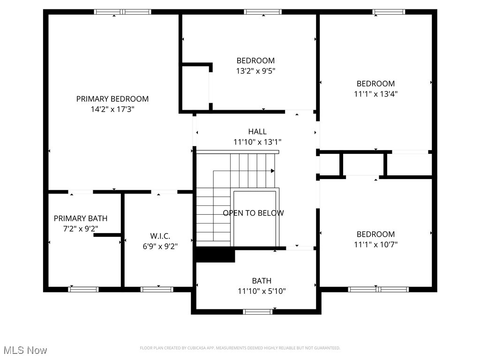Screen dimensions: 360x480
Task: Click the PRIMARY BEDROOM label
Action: [112, 99]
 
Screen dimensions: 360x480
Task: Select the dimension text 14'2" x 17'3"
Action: [112, 109]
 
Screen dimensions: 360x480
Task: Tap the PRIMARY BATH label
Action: [81, 218]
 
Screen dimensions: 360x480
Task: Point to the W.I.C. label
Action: [160, 236]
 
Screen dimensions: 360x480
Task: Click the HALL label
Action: [257, 132]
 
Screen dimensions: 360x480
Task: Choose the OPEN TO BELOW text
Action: [253, 213]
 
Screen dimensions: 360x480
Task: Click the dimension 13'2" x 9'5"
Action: [255, 71]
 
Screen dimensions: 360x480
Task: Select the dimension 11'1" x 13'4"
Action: [375, 94]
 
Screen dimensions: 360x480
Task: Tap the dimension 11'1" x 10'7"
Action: [375, 244]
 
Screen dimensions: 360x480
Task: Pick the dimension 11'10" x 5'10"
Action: [262, 291]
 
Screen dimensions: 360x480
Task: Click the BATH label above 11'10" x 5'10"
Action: [262, 281]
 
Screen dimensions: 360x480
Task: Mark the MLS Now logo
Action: [25, 350]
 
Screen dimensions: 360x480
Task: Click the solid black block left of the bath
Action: [215, 255]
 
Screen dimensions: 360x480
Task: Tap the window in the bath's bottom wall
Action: [258, 311]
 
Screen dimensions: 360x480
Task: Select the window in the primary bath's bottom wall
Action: [83, 289]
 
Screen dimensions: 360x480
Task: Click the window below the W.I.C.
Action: [157, 289]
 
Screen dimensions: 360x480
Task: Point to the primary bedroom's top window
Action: [123, 12]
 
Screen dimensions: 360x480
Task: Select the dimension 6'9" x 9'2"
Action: [160, 246]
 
